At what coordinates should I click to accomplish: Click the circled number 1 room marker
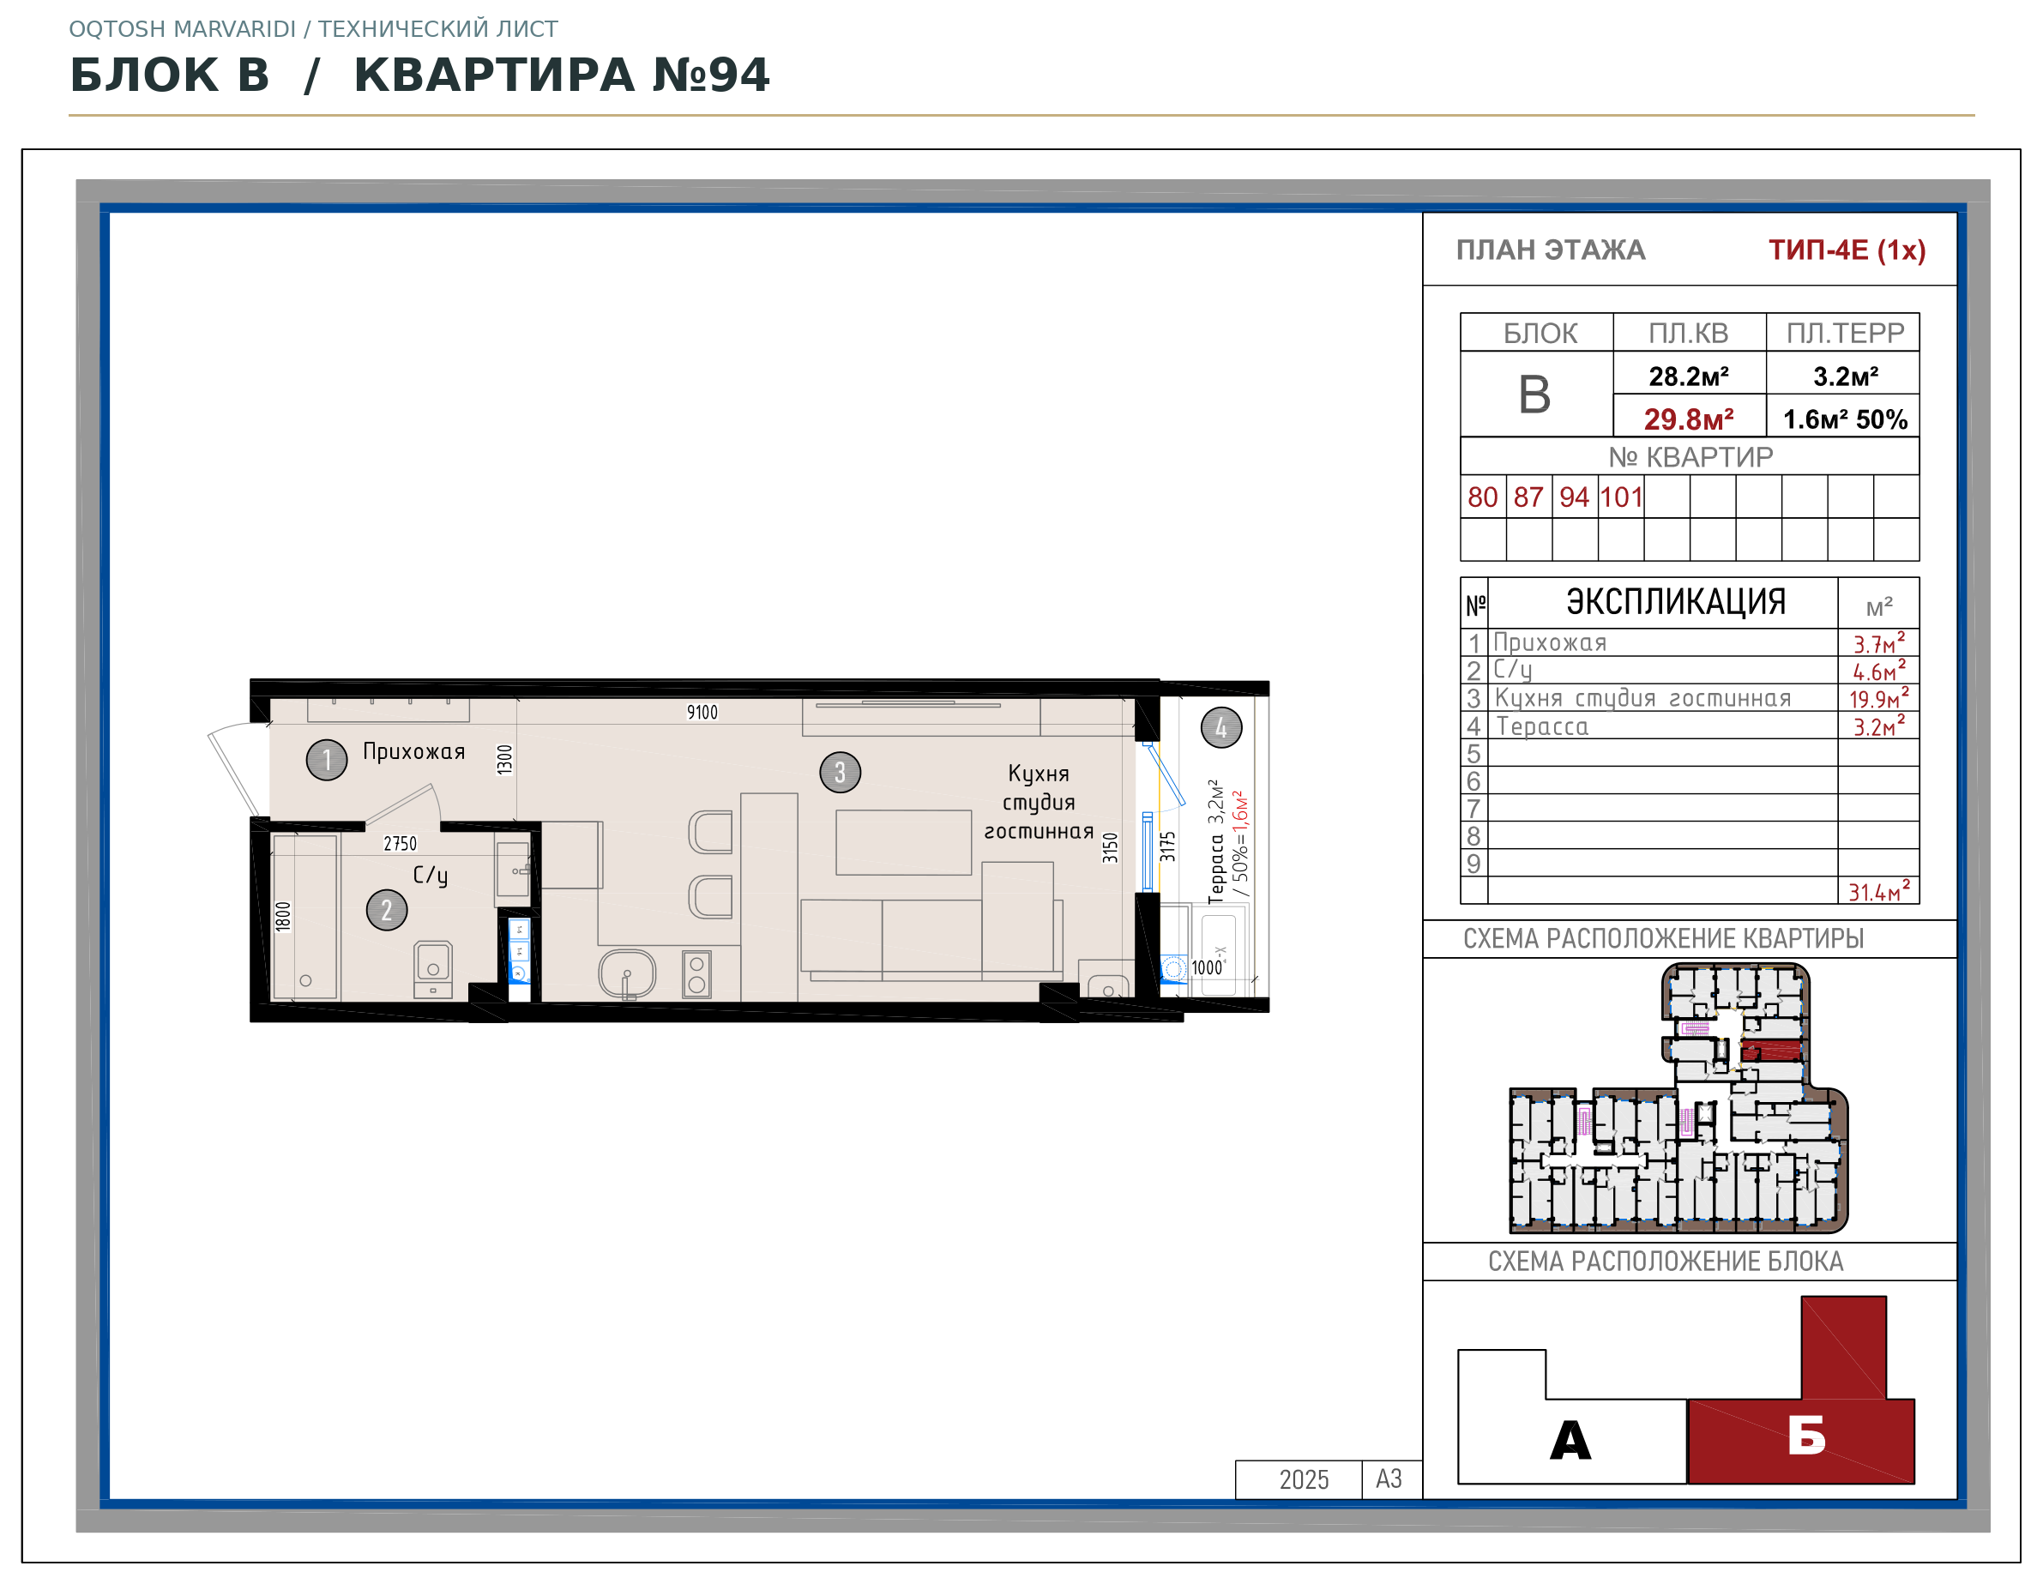[327, 760]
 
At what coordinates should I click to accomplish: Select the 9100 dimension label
[702, 713]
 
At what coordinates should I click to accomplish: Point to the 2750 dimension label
[401, 844]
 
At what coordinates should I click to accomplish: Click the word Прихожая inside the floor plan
[413, 751]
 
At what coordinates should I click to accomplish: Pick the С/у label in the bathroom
[431, 875]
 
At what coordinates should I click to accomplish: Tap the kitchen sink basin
[627, 973]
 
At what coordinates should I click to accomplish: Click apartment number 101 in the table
[1621, 497]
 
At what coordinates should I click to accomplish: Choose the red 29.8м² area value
[1689, 419]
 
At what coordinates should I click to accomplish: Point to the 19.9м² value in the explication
[1878, 698]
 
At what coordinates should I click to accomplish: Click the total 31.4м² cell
[1878, 890]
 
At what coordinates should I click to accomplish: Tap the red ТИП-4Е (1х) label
[1847, 250]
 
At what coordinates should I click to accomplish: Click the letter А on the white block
[1570, 1440]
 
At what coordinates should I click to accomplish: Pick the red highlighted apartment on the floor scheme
[1771, 1051]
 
